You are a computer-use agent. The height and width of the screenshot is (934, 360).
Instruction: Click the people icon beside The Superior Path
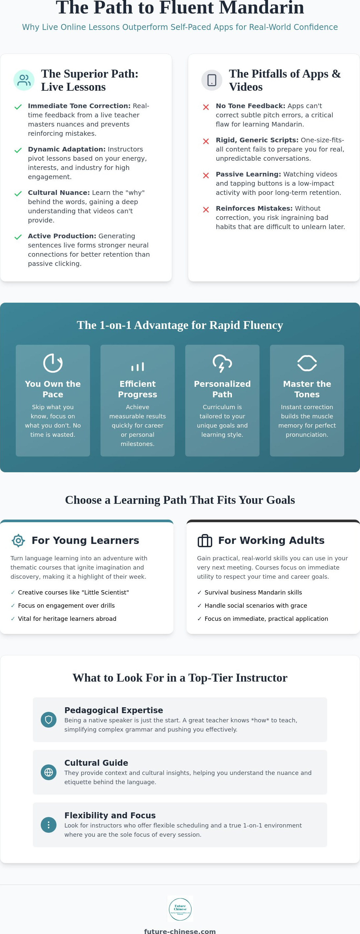click(24, 80)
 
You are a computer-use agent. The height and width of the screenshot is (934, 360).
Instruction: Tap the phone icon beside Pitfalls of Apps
click(212, 80)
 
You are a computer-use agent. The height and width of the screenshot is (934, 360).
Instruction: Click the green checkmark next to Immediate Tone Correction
click(18, 107)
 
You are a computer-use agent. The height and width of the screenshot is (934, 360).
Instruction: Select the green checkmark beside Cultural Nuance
click(18, 194)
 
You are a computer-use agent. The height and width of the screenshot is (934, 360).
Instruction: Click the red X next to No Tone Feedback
click(206, 107)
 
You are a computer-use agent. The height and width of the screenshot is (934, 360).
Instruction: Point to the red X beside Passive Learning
click(206, 175)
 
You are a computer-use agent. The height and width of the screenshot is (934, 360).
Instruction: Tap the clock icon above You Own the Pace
click(53, 363)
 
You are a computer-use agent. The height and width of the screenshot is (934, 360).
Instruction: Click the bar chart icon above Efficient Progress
click(138, 366)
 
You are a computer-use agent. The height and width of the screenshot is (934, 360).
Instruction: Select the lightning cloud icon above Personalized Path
click(222, 363)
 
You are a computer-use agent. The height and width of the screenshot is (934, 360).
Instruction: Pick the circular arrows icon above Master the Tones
click(307, 363)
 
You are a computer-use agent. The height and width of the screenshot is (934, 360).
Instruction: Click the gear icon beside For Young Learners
click(18, 540)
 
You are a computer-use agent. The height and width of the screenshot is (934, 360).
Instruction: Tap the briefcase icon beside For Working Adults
click(205, 541)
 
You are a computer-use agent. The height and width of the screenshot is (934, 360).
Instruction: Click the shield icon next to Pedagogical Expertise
click(49, 719)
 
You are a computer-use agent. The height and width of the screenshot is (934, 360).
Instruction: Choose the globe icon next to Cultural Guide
click(49, 772)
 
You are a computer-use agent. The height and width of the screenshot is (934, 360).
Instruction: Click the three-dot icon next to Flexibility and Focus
click(49, 825)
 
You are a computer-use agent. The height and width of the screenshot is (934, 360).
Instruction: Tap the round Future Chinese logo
click(180, 909)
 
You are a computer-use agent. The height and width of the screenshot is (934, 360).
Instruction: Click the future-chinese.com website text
click(180, 931)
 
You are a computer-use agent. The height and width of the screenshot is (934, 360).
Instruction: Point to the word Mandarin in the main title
click(261, 8)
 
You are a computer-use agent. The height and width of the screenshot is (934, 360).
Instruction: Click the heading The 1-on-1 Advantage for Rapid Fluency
click(180, 325)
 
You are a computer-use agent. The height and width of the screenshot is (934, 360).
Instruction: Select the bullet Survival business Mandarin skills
click(253, 592)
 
